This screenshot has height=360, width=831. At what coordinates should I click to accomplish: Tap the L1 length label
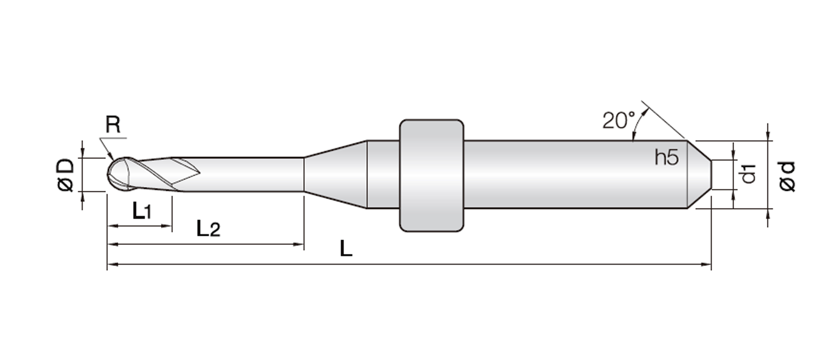click(x=142, y=211)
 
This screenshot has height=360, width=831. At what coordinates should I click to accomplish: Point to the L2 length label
click(x=208, y=228)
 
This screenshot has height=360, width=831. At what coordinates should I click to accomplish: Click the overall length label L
click(x=346, y=249)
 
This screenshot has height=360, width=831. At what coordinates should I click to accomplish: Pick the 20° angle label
click(x=618, y=120)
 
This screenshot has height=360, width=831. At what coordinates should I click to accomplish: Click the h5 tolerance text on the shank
click(x=667, y=157)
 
